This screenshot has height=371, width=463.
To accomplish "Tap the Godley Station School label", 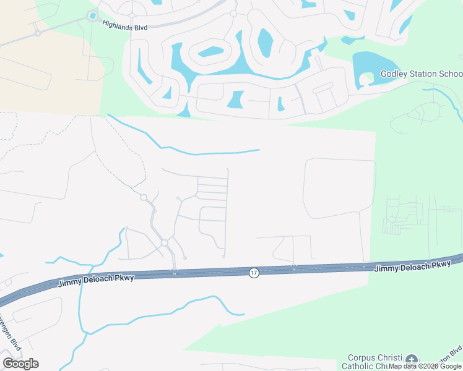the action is (421, 74).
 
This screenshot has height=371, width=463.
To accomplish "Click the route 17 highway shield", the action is (254, 273).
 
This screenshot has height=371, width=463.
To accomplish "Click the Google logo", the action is (20, 363).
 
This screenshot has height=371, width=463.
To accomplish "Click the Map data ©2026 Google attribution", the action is (425, 366).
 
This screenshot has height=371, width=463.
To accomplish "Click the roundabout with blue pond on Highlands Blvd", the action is (93, 16).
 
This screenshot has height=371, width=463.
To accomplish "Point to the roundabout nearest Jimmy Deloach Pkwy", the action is (165, 244).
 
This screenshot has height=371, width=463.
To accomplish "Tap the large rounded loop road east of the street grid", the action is (339, 188).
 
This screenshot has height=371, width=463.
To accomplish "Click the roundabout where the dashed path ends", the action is (143, 197).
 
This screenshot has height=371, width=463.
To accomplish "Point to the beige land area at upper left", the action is (50, 68).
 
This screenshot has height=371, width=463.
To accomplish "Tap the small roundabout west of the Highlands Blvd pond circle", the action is (38, 33).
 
